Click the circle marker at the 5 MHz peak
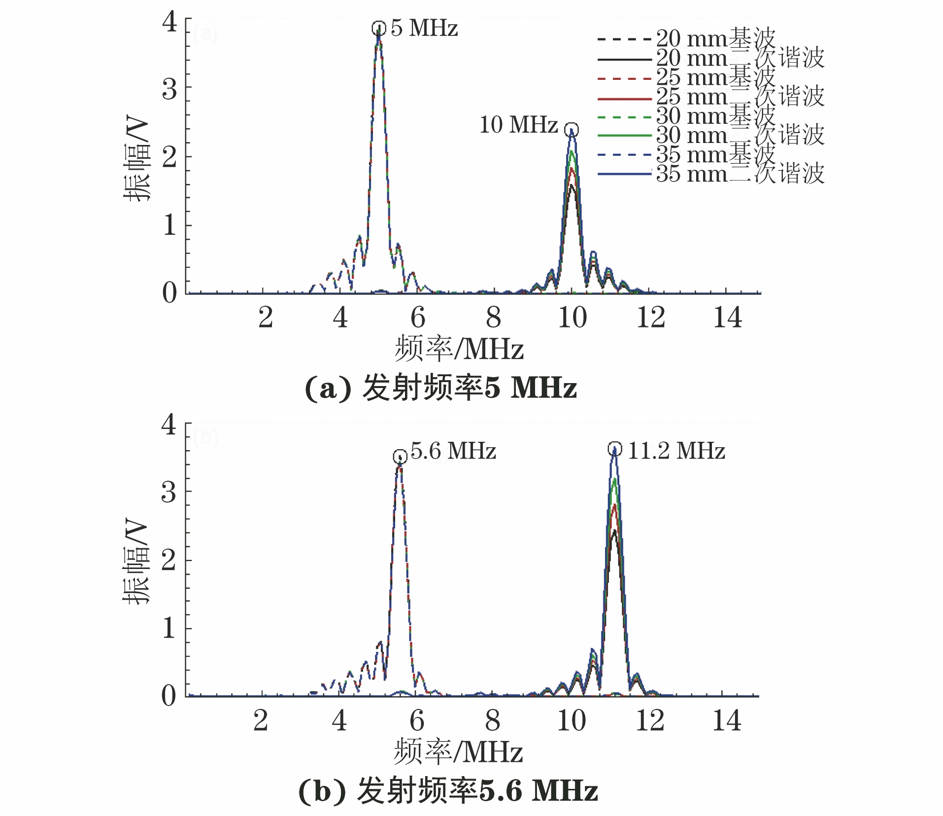(x=378, y=28)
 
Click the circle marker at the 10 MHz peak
(x=572, y=130)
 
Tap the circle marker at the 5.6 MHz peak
(x=400, y=457)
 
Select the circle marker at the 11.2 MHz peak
(x=615, y=449)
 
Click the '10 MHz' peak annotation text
(x=518, y=125)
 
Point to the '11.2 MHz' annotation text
(x=676, y=451)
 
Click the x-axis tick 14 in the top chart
(x=727, y=318)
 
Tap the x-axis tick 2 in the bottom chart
(x=261, y=721)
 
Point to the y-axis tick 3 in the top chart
(x=169, y=90)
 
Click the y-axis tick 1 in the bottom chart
(x=168, y=628)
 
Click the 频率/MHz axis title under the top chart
(x=458, y=349)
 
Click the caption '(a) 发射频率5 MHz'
(x=440, y=389)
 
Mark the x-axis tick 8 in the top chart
(x=493, y=318)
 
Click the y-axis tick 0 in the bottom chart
(x=168, y=696)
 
